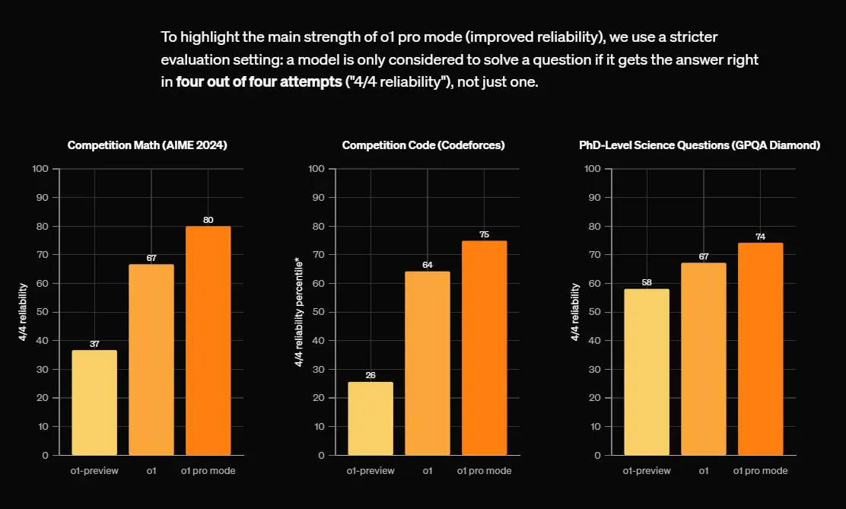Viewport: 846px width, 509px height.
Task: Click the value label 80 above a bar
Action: (x=208, y=220)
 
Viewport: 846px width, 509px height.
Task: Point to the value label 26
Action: (x=371, y=375)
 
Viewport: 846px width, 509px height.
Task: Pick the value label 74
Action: (x=760, y=237)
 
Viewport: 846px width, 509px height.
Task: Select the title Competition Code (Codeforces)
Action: (x=423, y=145)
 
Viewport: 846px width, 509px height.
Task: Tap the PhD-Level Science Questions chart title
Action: (x=700, y=145)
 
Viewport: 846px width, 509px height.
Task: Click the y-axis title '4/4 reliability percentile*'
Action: (x=299, y=312)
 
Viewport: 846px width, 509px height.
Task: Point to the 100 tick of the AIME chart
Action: (x=40, y=169)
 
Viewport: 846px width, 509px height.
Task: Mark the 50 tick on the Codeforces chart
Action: (x=320, y=312)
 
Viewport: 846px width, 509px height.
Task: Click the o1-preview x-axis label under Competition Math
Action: (x=94, y=471)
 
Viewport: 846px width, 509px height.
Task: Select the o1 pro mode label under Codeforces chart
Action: (x=484, y=471)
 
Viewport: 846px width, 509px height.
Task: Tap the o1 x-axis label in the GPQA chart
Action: (x=704, y=471)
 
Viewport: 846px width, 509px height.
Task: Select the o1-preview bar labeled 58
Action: (x=647, y=372)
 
